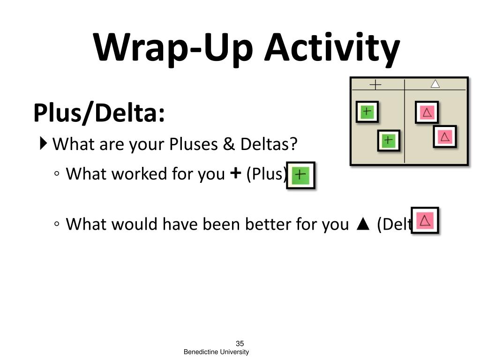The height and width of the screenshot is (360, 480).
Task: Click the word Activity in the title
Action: click(332, 48)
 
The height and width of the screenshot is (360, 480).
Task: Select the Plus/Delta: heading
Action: click(99, 113)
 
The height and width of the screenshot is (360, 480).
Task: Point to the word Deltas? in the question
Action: click(269, 144)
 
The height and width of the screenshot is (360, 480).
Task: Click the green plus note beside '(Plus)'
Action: click(300, 175)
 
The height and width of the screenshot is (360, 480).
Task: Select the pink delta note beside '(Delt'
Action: click(425, 220)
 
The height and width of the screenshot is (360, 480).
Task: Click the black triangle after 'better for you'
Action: click(361, 225)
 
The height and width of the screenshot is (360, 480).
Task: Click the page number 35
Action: click(240, 344)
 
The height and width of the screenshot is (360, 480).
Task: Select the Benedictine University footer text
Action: click(216, 352)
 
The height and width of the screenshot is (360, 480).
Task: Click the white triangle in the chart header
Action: click(435, 84)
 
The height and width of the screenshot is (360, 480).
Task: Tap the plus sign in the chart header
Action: click(376, 85)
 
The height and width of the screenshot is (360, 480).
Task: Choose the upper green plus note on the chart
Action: click(367, 112)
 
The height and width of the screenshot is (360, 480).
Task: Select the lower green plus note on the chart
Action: click(389, 140)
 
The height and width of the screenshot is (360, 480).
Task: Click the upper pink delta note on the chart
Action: click(427, 112)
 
